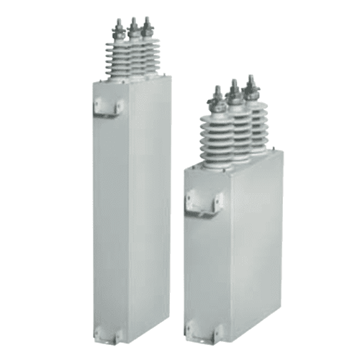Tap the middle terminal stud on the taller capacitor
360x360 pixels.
[x=133, y=27]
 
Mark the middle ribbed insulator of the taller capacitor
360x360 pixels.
[x=134, y=56]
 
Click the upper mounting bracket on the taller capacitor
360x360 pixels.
[x=109, y=107]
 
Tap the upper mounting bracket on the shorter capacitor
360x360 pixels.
[x=204, y=201]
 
